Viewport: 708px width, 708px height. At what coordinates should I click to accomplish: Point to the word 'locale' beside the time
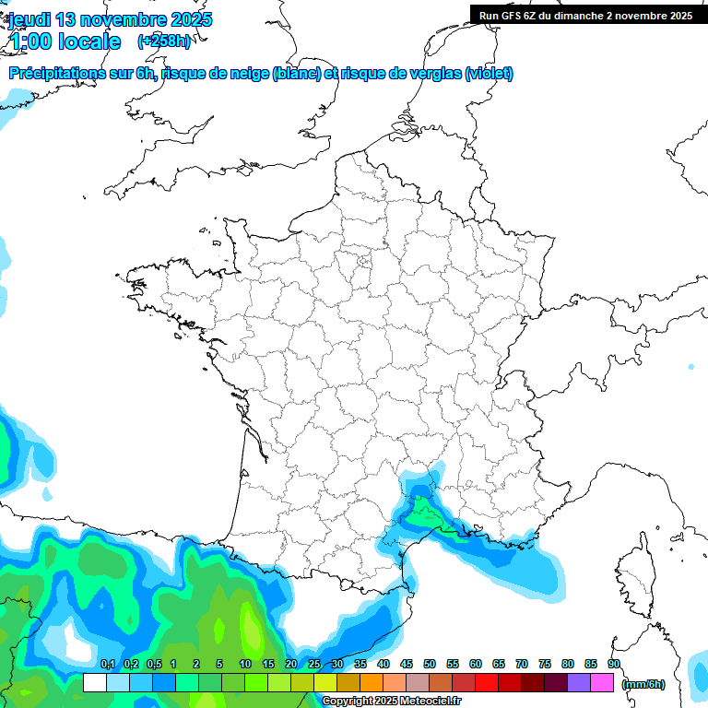point(89,41)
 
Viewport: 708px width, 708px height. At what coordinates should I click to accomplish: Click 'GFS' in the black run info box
point(515,16)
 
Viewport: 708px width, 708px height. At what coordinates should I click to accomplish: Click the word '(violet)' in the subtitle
point(489,74)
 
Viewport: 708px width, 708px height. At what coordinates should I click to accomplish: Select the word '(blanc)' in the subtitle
point(296,74)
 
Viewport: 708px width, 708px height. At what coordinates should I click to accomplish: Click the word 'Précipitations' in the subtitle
point(55,74)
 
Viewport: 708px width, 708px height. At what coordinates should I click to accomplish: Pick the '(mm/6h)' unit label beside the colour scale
point(643,684)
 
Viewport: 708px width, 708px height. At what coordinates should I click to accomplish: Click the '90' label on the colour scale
point(614,665)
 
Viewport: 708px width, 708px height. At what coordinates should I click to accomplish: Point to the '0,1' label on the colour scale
point(107,665)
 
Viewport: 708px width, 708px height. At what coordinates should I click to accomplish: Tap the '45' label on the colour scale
point(407,665)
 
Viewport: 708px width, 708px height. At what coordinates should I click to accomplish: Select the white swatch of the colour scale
point(94,683)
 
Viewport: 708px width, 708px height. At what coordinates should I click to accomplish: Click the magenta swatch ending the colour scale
point(602,683)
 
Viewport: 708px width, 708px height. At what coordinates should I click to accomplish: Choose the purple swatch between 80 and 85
point(579,683)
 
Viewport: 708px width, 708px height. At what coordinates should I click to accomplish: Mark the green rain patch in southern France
point(424,513)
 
